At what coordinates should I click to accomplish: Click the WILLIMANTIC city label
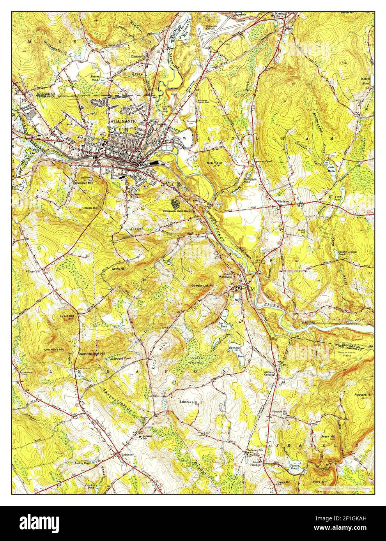click(124, 121)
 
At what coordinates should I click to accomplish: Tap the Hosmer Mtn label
click(85, 182)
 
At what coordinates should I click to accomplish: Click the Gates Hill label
click(119, 269)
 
